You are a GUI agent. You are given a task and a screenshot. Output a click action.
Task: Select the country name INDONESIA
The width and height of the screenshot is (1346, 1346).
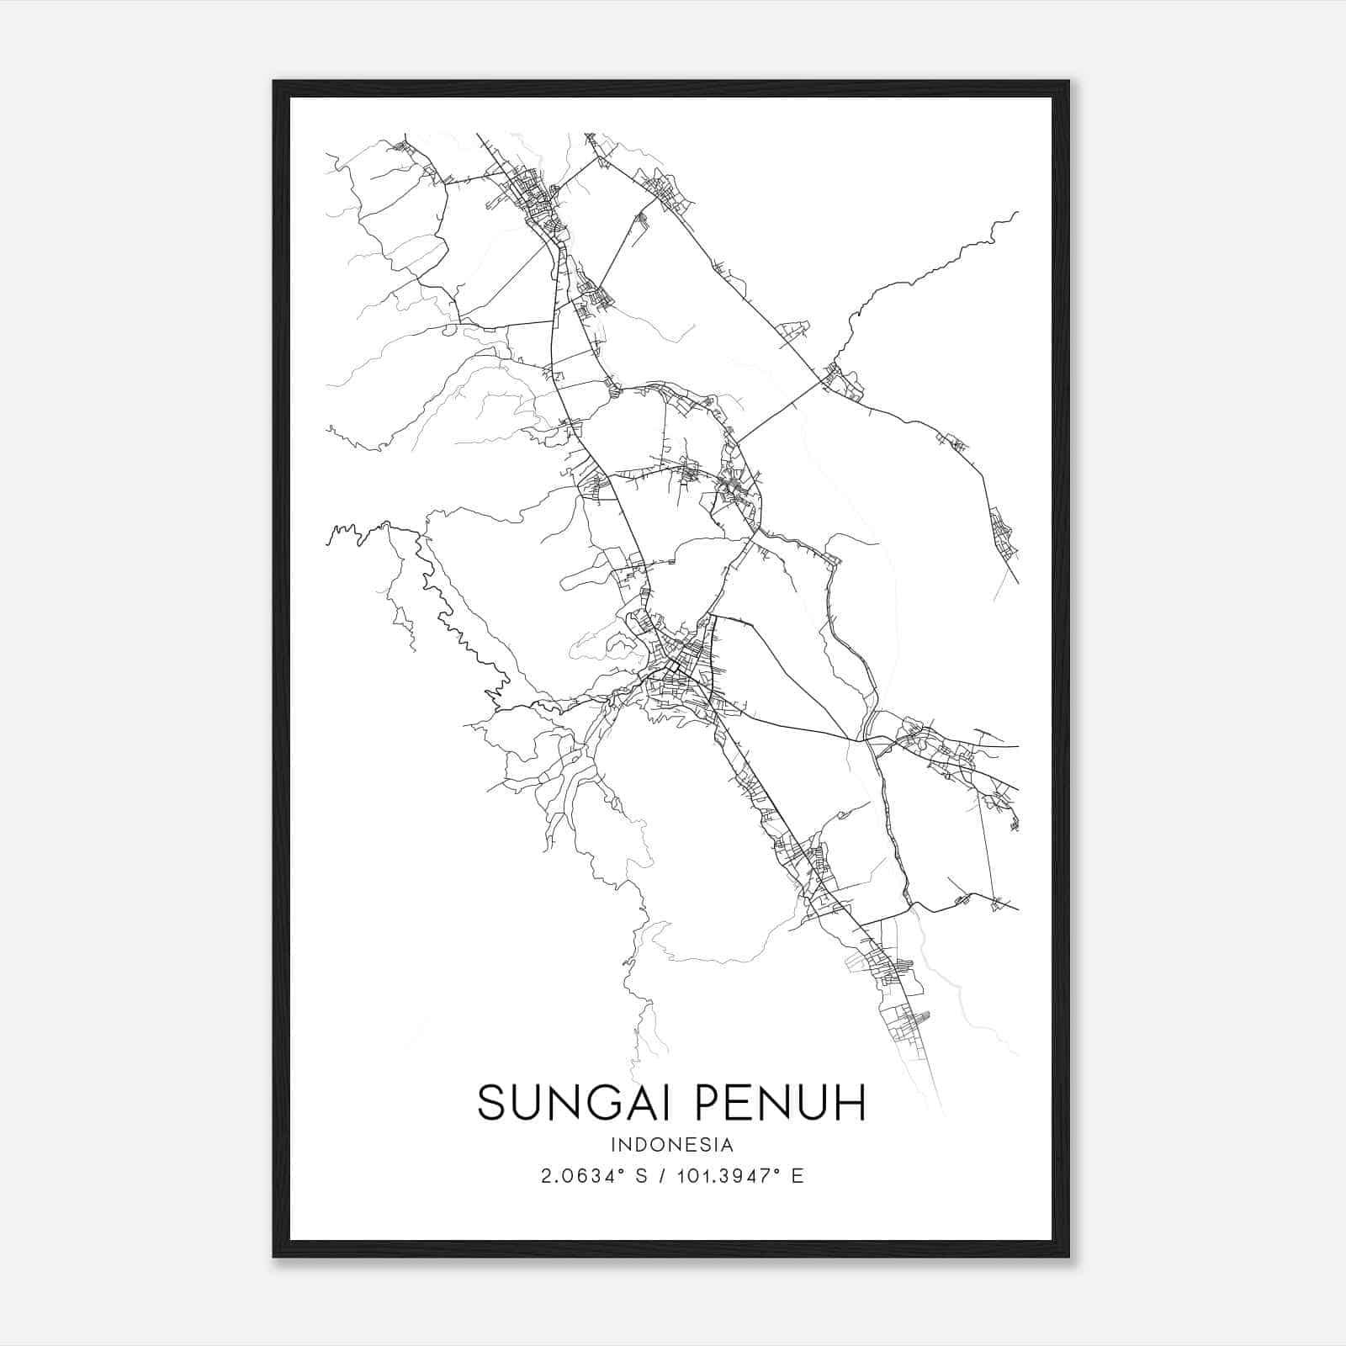pos(672,1145)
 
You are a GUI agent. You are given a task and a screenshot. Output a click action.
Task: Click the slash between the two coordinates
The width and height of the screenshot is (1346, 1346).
pos(665,1176)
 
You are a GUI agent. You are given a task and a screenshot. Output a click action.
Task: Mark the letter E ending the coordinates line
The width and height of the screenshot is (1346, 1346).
pos(798,1176)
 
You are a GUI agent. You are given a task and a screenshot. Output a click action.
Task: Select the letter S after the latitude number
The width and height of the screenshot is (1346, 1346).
pos(642,1176)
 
